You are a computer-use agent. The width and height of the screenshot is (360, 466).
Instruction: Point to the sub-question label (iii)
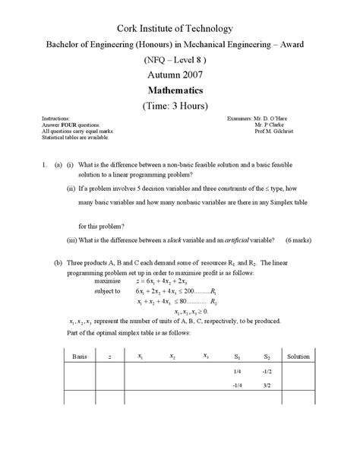[71, 240]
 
